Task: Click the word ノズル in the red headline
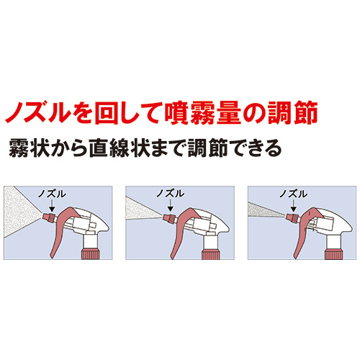coord(37,112)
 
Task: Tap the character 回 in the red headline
coord(107,113)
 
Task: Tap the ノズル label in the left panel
coord(52,194)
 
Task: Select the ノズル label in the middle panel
coord(171,194)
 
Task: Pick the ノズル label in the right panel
coord(293,194)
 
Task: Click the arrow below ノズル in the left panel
coord(52,206)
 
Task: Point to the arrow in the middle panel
coord(170,205)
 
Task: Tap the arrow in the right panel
coord(293,206)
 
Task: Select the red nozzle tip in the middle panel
coord(169,218)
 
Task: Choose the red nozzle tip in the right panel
coord(292,217)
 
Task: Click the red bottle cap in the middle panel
coord(211,254)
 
